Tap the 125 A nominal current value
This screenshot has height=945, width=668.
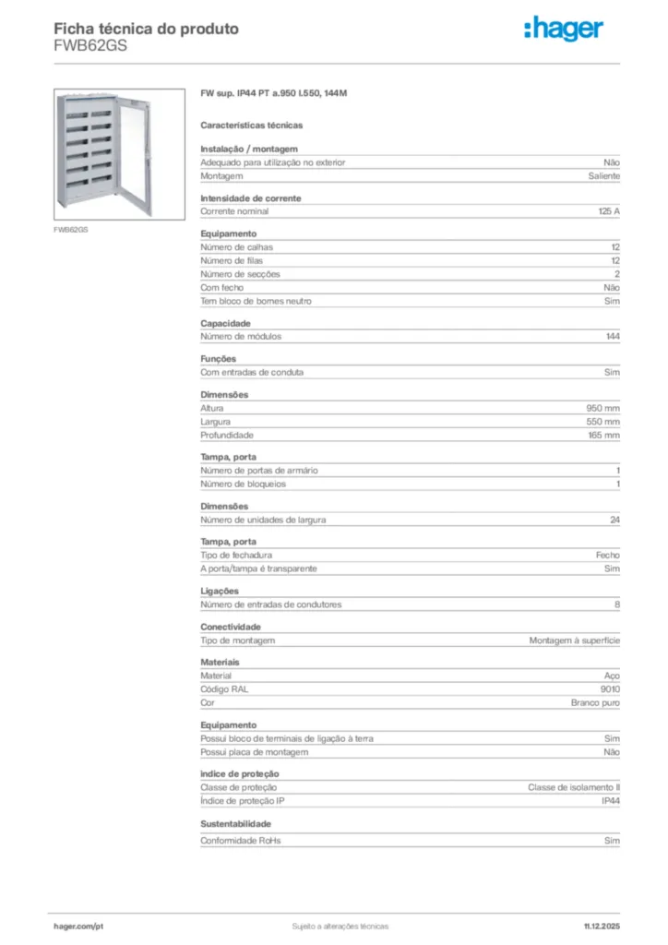click(x=609, y=211)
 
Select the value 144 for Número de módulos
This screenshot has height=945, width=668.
click(x=613, y=337)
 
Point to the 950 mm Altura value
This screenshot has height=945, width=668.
click(x=603, y=408)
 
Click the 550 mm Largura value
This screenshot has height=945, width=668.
click(x=603, y=422)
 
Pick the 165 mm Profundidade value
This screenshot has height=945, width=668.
click(x=603, y=435)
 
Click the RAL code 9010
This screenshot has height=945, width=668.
click(x=610, y=689)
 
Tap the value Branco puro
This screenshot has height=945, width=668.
click(x=595, y=703)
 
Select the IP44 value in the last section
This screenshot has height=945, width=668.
click(x=611, y=801)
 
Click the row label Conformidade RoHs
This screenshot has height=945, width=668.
click(x=241, y=841)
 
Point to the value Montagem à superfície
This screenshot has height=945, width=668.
click(x=574, y=640)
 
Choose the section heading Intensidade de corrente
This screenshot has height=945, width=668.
click(x=251, y=198)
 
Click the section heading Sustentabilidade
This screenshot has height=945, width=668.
click(x=236, y=823)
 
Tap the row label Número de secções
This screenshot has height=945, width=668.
click(x=241, y=274)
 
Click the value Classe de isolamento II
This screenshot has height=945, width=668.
click(x=574, y=787)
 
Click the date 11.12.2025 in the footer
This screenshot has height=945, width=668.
click(x=602, y=926)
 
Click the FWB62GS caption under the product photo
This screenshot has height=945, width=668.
click(x=70, y=228)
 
